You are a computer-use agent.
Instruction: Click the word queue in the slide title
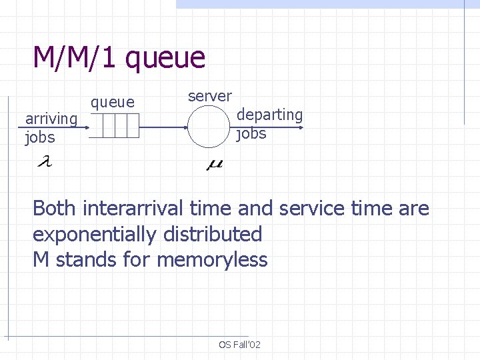[165, 59]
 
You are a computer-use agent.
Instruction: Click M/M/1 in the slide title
[75, 57]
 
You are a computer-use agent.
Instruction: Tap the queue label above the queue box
[113, 102]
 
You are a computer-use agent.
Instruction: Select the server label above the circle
[209, 96]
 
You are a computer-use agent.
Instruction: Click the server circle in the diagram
[209, 126]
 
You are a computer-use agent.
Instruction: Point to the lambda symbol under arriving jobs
[45, 162]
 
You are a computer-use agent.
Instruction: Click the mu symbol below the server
[215, 163]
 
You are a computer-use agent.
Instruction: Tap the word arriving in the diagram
[51, 119]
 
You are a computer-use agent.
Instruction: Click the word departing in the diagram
[270, 115]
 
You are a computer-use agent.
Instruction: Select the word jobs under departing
[251, 133]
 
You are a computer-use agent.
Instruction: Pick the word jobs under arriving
[39, 138]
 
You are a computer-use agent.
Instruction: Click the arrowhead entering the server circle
[185, 126]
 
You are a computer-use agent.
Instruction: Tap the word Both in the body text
[55, 209]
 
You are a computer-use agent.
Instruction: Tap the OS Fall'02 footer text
[239, 345]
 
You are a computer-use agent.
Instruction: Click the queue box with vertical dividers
[114, 126]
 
